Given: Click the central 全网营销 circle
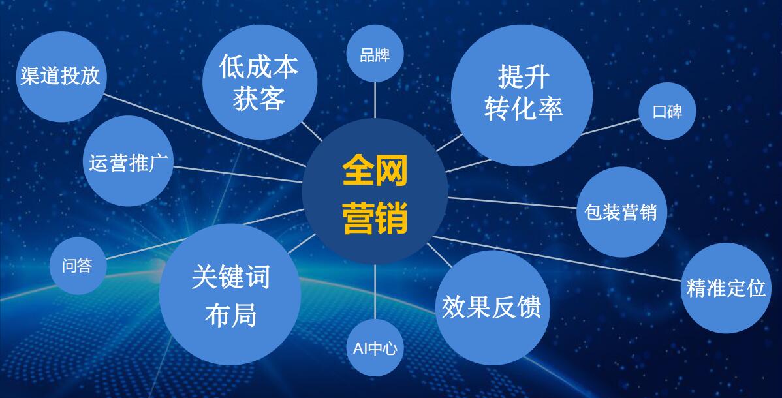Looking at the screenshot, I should (375, 192).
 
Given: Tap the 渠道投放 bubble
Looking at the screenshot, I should (60, 76).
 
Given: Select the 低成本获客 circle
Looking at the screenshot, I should (259, 82).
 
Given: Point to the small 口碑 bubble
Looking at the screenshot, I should (667, 111).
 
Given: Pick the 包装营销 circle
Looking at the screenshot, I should (621, 212).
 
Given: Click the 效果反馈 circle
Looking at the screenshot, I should (492, 307).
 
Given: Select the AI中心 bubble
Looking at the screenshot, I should (375, 348).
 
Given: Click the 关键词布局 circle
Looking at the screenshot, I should (230, 295).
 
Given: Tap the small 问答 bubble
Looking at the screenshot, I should (77, 266).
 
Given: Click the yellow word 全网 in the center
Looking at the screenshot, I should (375, 171).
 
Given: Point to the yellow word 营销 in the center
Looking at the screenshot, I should (375, 217).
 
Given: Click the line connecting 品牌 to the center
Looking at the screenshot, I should (375, 101).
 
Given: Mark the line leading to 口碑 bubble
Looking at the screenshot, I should (610, 127).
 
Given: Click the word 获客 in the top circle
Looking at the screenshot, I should (259, 99).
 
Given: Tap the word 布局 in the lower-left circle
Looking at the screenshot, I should (230, 314).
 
